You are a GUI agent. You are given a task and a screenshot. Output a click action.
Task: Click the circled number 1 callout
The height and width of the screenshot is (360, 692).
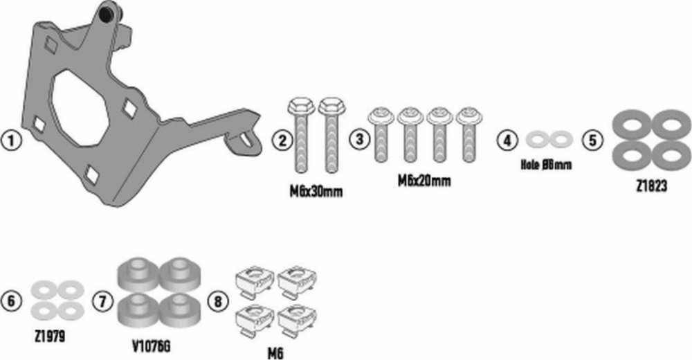11,142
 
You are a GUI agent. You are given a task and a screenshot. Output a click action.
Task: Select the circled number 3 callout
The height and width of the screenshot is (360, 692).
360,138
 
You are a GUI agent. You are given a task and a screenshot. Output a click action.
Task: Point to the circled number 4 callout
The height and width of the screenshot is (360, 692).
507,141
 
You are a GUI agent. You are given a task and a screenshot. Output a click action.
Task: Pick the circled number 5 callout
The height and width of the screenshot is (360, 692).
593,140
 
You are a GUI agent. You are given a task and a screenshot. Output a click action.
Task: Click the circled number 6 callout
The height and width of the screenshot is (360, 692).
11,301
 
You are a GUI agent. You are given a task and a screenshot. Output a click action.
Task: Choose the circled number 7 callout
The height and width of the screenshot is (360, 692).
103,302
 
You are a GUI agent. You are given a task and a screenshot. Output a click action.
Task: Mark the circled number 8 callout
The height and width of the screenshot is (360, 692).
217,302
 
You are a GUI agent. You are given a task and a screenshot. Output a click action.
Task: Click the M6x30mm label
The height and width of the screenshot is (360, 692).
316,192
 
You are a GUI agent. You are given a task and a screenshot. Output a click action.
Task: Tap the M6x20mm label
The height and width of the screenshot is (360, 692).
425,181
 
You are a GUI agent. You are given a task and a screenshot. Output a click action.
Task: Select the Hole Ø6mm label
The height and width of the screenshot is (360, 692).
546,165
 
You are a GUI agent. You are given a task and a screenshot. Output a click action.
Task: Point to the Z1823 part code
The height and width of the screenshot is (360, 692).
651,187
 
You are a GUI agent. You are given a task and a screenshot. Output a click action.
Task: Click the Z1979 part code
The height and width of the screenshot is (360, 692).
49,336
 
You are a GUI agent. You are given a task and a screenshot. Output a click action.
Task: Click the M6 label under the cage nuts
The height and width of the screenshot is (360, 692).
275,354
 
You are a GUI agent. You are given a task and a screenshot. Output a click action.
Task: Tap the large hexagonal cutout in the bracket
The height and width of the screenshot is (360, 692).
81,107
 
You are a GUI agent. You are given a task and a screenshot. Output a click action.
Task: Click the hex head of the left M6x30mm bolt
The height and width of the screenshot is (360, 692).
301,107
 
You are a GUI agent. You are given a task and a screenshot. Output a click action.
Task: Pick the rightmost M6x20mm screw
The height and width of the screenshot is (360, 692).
468,134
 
